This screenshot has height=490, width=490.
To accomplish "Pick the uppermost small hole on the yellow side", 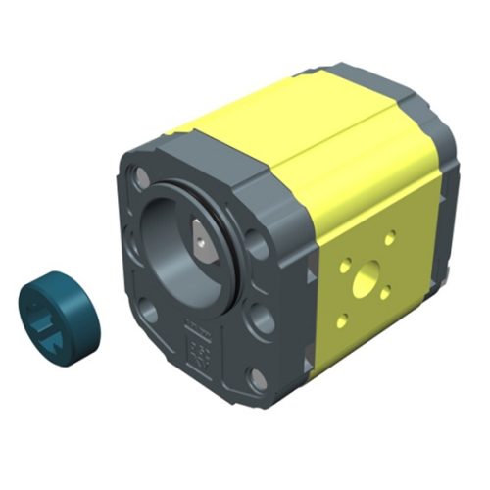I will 390,238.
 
